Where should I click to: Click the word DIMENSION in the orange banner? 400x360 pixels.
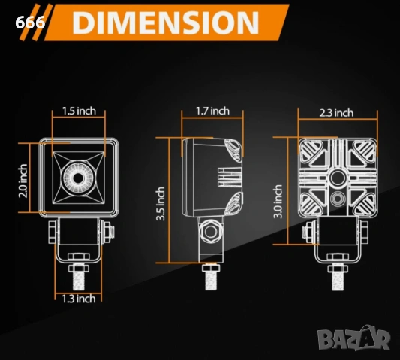pos(166,22)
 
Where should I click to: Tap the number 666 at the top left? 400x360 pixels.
pos(30,22)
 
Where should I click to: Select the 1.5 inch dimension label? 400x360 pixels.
pos(79,111)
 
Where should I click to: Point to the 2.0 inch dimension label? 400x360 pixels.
pos(23,181)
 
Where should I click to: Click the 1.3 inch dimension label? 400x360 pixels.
pos(79,298)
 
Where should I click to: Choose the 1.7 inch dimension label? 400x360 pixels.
pos(212,111)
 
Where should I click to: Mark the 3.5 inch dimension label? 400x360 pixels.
pos(161,204)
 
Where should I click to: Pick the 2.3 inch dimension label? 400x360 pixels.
pos(336,112)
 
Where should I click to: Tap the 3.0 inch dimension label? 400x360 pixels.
pos(278,202)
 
